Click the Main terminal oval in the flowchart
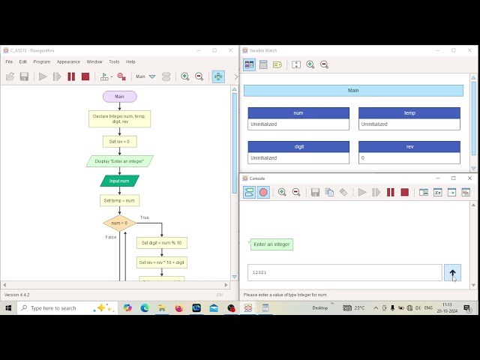coord(119,97)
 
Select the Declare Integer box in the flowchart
coord(119,118)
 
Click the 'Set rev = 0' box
coord(119,141)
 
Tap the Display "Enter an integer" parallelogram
coord(119,161)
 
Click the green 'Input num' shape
coord(119,181)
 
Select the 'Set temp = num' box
coord(119,200)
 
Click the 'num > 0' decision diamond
coord(119,223)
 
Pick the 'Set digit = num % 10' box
coord(161,243)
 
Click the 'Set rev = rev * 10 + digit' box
coord(161,262)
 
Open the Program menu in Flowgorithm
coord(41,61)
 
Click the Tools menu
coord(114,61)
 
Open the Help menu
coord(130,61)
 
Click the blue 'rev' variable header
coord(409,147)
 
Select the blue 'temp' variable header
coord(409,113)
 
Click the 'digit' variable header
coord(298,147)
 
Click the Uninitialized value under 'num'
coord(298,124)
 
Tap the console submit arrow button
coord(452,273)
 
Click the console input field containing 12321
coord(344,273)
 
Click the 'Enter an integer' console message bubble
coord(271,244)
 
